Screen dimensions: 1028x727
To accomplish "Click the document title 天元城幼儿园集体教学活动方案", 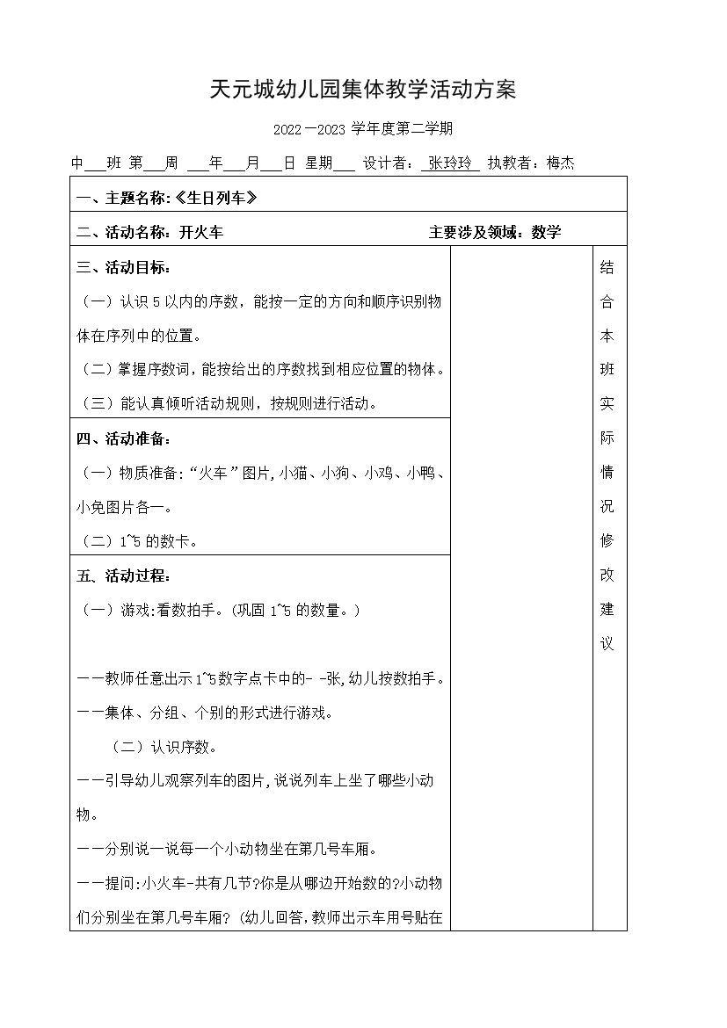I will pos(362,90).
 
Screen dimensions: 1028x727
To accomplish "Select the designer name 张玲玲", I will pos(450,163).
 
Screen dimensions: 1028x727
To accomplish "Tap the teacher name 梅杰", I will pos(560,163).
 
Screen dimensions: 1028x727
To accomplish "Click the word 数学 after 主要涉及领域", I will pos(546,233).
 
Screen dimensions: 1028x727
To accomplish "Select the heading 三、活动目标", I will pos(124,267).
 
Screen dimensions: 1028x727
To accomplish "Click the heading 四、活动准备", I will pos(124,438).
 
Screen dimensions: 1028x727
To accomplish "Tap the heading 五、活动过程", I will pos(124,576).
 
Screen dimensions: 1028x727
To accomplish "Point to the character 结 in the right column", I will pos(607,268).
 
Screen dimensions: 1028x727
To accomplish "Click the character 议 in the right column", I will pos(607,644).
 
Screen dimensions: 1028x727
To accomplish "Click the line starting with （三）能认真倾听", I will pos(229,404).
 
